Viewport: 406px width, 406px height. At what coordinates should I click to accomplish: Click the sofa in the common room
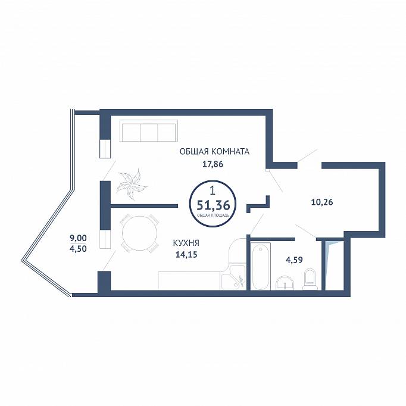(x=149, y=131)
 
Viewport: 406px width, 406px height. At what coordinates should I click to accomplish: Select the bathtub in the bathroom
(x=261, y=266)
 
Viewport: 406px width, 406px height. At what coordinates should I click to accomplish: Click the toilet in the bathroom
(x=311, y=280)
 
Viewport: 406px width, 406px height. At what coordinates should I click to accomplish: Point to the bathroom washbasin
(x=285, y=283)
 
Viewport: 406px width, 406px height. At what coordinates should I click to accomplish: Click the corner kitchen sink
(x=233, y=277)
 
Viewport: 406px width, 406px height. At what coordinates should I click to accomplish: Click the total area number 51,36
(x=213, y=205)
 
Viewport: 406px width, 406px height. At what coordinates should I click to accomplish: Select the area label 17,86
(x=213, y=164)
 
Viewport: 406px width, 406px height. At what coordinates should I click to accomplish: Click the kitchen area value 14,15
(x=186, y=255)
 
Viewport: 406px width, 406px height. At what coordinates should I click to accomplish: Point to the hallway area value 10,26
(x=322, y=202)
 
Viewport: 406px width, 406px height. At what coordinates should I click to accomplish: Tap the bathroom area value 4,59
(x=294, y=260)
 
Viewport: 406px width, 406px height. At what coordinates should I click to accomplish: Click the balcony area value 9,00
(x=78, y=238)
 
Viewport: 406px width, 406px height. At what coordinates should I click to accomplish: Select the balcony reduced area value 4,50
(x=78, y=249)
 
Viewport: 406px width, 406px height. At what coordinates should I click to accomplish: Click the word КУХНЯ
(x=186, y=243)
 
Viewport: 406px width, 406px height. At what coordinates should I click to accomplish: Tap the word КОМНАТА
(x=230, y=151)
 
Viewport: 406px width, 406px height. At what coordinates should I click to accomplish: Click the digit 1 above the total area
(x=213, y=191)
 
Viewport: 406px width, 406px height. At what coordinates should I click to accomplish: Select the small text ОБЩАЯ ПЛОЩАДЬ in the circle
(x=213, y=215)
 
